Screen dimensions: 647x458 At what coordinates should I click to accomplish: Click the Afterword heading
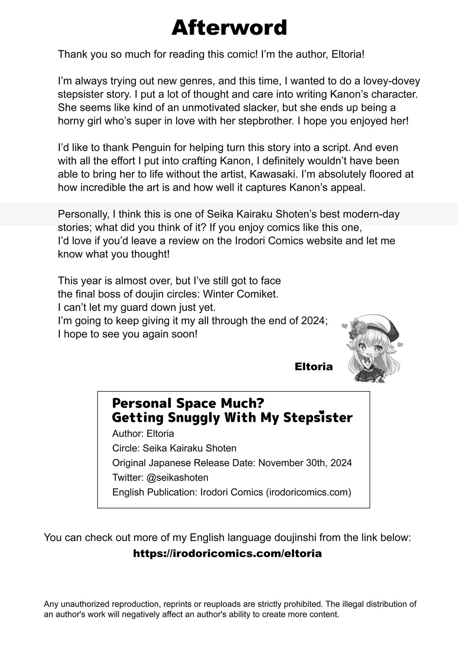(229, 28)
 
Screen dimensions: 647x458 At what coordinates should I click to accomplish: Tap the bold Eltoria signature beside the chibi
(313, 366)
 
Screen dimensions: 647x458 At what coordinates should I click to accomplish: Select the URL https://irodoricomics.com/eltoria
(227, 554)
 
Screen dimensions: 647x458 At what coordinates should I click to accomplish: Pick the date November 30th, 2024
(305, 463)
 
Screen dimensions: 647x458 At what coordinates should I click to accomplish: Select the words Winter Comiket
(240, 294)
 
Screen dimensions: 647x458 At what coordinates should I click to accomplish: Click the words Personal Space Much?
(188, 403)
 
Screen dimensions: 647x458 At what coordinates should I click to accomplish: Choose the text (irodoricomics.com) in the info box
(308, 492)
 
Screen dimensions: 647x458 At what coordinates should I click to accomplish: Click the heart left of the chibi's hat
(345, 326)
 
